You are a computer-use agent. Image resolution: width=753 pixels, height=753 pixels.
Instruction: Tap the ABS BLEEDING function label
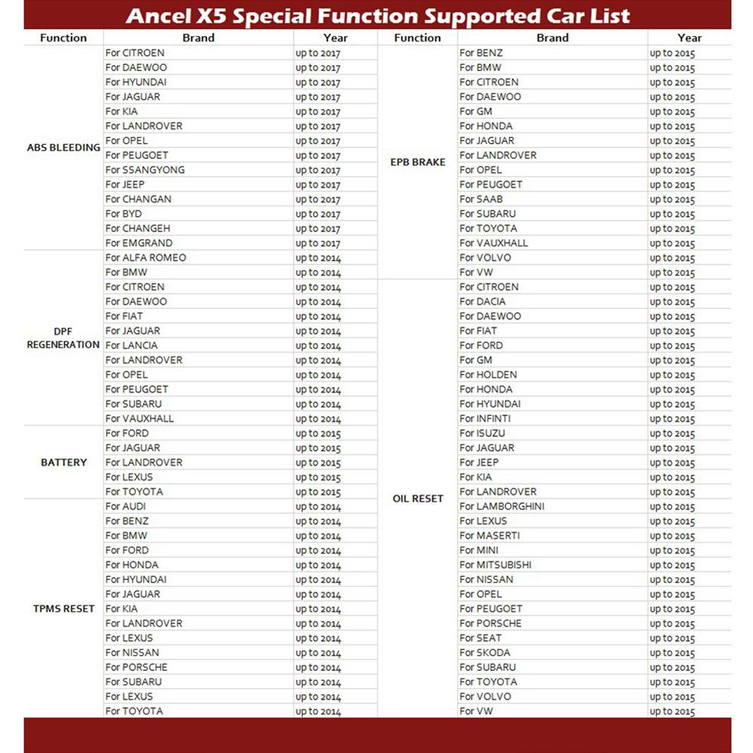click(x=63, y=148)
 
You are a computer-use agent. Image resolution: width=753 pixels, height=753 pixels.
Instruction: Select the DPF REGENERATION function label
click(x=63, y=338)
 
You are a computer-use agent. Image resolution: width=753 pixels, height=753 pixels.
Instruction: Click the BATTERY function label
click(x=63, y=463)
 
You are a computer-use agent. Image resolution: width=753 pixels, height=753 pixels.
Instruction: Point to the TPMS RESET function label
click(x=63, y=609)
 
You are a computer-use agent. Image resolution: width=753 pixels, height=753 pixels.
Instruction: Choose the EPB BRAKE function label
click(x=417, y=162)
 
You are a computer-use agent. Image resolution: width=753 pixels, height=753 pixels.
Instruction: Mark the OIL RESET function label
click(x=417, y=499)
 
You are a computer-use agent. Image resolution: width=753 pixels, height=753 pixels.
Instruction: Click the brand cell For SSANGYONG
click(x=145, y=170)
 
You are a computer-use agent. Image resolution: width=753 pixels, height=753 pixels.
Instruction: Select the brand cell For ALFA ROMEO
click(x=146, y=258)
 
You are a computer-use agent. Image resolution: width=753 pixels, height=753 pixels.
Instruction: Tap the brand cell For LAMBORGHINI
click(x=502, y=506)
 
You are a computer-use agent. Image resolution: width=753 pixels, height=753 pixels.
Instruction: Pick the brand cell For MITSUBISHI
click(x=495, y=565)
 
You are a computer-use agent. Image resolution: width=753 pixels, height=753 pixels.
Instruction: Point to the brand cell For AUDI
click(x=126, y=506)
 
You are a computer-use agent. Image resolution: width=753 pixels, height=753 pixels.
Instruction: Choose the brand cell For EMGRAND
click(x=139, y=243)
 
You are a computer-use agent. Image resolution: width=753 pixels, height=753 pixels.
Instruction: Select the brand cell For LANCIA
click(x=132, y=345)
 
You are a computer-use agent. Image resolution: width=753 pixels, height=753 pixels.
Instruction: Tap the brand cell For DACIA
click(x=482, y=302)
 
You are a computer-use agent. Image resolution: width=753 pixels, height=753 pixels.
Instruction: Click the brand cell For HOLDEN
click(x=488, y=375)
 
